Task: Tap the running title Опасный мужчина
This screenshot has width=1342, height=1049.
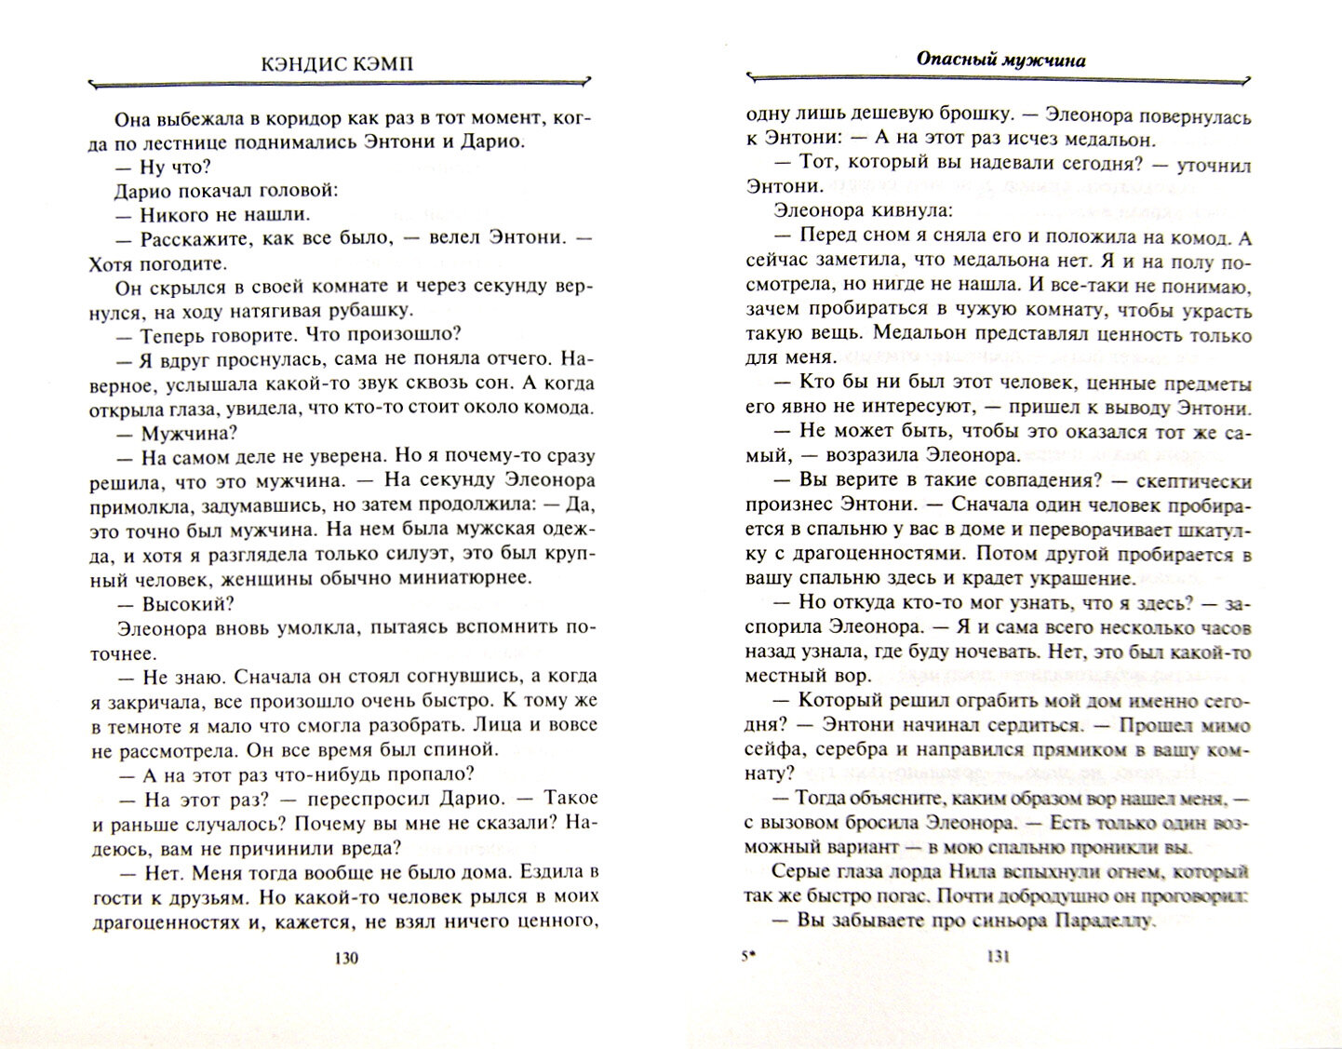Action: click(1000, 60)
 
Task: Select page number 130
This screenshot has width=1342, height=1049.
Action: click(344, 960)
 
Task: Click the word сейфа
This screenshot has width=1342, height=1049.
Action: click(772, 749)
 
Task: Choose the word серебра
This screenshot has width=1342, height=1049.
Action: click(837, 749)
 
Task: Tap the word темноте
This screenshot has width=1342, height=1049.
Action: click(144, 724)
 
